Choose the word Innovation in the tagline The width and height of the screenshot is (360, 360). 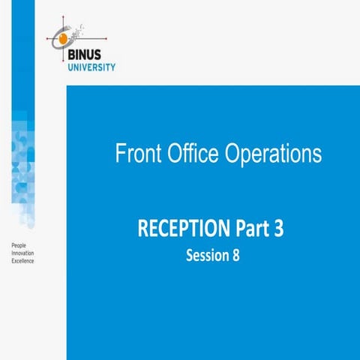pyautogui.click(x=22, y=253)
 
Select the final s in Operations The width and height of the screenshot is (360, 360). pyautogui.click(x=317, y=155)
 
